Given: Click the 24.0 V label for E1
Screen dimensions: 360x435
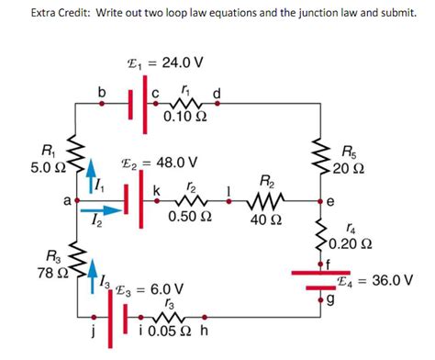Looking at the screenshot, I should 179,63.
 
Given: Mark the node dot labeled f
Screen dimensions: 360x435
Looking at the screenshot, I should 322,264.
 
